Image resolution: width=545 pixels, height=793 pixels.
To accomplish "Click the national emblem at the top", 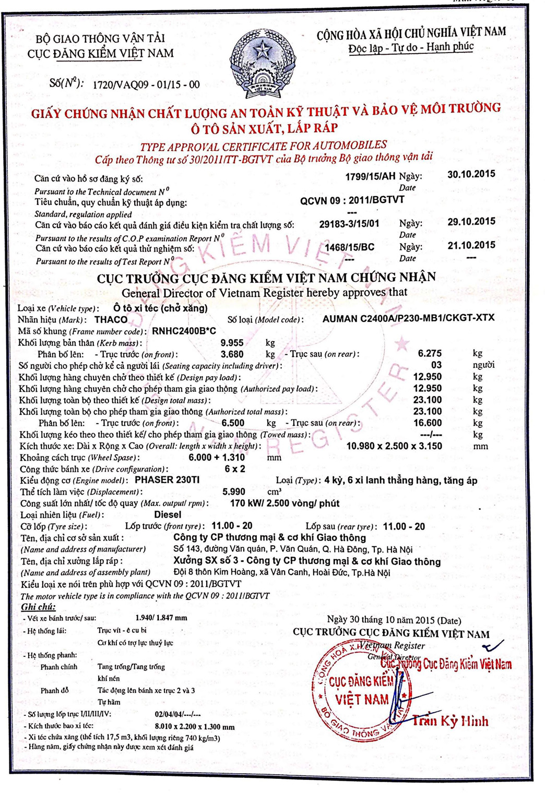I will point(263,64).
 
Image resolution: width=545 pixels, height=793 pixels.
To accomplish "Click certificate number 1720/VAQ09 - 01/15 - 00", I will point(146,85).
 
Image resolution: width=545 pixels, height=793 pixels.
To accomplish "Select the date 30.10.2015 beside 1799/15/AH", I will point(471,174).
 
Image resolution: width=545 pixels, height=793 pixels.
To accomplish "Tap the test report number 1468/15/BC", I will point(349,247).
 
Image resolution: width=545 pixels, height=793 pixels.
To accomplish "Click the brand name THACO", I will point(111,319).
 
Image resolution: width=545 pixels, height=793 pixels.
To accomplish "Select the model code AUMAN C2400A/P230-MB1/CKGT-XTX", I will point(408,318).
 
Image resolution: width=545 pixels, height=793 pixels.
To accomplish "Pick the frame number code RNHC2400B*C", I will point(184,331).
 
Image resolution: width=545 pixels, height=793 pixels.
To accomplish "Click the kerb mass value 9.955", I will point(232,343).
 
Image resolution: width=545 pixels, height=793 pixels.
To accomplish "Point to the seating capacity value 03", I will point(436,365).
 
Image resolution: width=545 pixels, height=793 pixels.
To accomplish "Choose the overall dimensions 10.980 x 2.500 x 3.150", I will point(394,446).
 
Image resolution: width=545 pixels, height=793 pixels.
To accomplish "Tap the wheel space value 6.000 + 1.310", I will point(217,458).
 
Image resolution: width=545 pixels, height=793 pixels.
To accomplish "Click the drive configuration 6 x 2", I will point(235,468).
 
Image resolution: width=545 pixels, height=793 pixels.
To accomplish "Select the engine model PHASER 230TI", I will point(167,480).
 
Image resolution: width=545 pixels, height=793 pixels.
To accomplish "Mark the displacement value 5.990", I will point(233,491).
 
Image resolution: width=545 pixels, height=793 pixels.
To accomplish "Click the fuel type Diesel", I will point(168,514).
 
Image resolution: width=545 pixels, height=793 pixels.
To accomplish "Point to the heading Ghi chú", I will point(38,607).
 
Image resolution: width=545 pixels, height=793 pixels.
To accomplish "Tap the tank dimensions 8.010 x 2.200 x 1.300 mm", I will point(195,726).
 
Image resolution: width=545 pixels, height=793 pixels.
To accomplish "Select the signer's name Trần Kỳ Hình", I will point(450,721).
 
